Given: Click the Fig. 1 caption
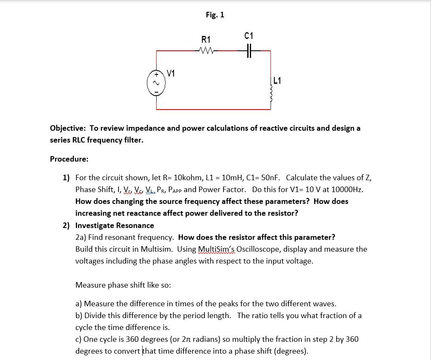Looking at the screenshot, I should pos(215,15).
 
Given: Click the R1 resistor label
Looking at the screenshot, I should pos(206,40).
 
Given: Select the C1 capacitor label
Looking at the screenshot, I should pos(249,36).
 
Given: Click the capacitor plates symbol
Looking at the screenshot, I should pos(249,51).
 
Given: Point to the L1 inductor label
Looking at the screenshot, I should pos(277,80).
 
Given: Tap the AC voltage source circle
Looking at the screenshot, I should pos(156,83).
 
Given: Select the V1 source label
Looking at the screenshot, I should pos(171,74).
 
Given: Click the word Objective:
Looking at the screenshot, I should pos(68,128).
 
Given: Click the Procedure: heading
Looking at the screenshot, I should pos(69,159).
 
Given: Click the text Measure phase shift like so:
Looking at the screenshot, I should pos(123,285).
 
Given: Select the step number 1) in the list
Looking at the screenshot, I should pos(66,178).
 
